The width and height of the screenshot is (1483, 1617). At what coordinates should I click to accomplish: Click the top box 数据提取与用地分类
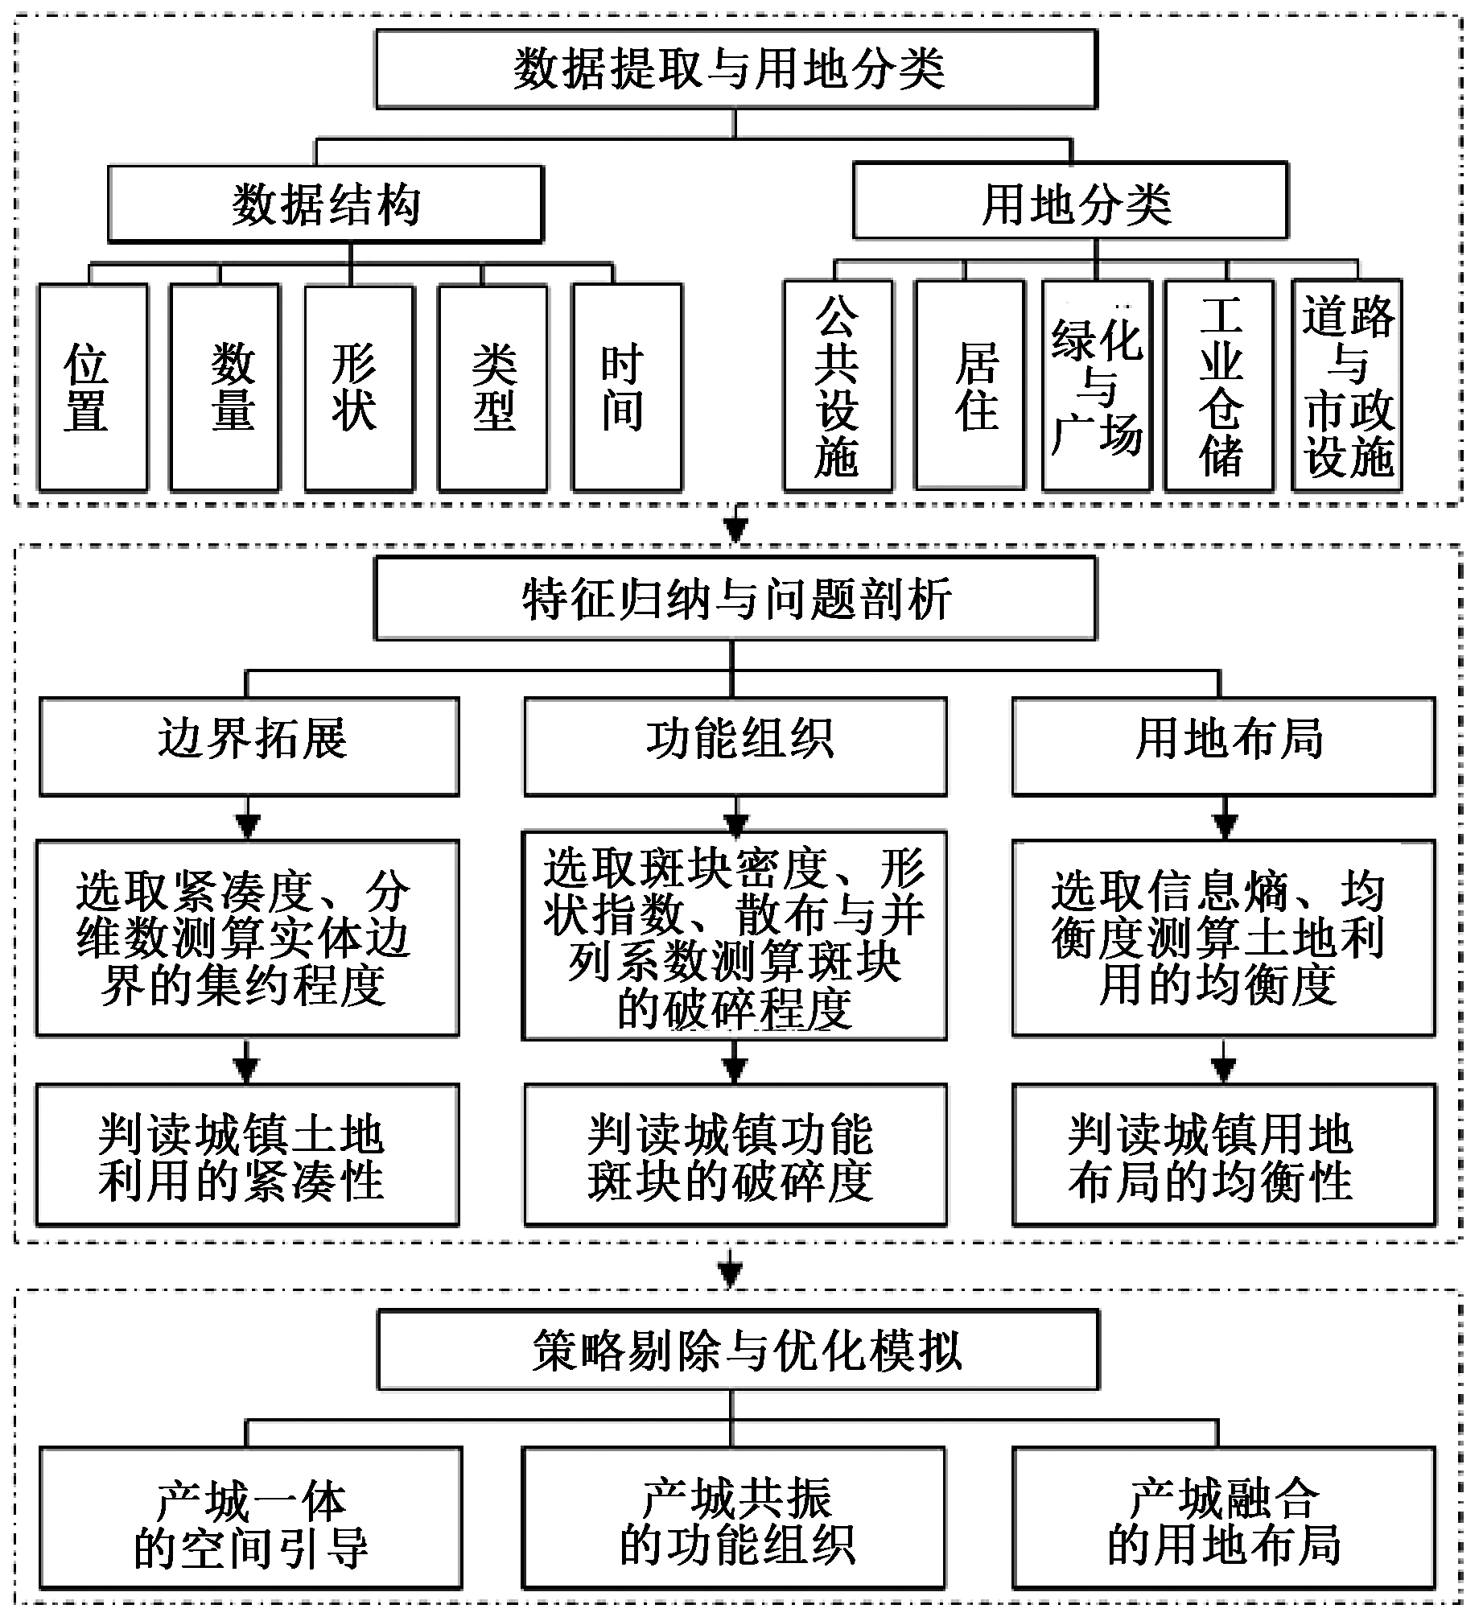click(x=735, y=69)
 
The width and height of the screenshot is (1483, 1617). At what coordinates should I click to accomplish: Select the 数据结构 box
click(x=326, y=204)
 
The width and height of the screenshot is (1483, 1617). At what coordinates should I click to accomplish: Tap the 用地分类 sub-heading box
click(x=1070, y=202)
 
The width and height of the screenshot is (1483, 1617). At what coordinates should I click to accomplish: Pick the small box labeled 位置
click(x=93, y=387)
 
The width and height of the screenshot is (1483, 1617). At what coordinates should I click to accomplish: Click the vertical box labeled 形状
click(x=359, y=387)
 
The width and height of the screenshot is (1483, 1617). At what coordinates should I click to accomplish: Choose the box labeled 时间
click(x=627, y=387)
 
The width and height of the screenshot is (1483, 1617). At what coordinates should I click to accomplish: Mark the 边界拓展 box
click(x=249, y=746)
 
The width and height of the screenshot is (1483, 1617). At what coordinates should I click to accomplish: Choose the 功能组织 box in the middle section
click(x=735, y=746)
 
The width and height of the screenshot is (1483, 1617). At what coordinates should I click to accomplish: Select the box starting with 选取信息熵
click(x=1223, y=938)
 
